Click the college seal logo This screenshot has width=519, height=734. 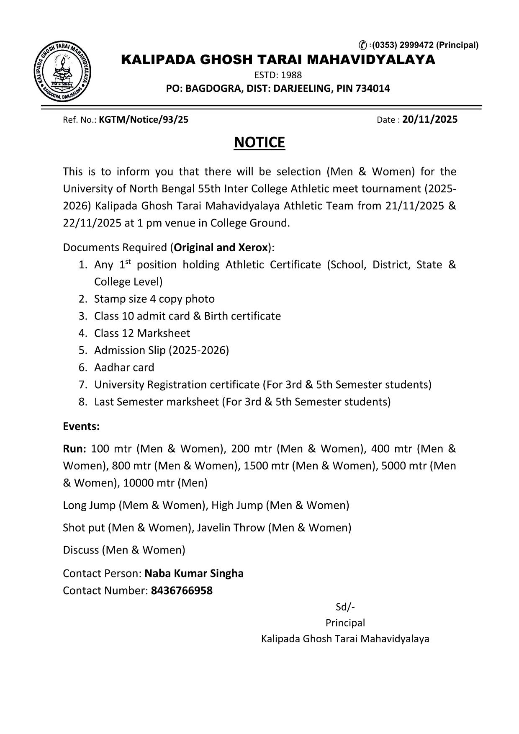point(63,72)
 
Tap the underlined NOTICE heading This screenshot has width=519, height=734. point(259,142)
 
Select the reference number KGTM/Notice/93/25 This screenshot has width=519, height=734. point(144,120)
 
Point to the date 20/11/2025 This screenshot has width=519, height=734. point(430,120)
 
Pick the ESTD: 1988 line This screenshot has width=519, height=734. point(278,75)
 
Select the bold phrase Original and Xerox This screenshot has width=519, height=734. point(221,247)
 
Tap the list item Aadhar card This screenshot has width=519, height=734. point(124,367)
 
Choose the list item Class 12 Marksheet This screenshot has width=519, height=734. point(142,333)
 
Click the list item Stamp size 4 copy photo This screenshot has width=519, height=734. point(154,299)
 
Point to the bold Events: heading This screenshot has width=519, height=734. point(81,426)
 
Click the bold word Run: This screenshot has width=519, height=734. point(75,448)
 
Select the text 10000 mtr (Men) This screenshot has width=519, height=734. point(165,483)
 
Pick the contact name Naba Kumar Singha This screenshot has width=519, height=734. point(194,573)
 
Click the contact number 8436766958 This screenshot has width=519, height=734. point(182,590)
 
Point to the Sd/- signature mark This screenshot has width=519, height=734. point(345,607)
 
